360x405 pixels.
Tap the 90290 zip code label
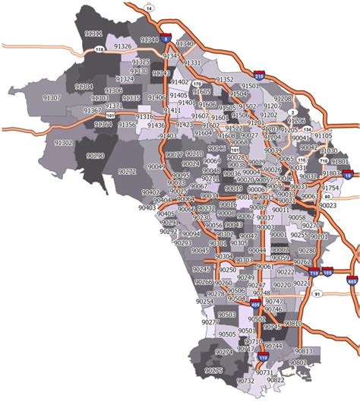coord(96,155)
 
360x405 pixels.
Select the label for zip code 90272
coord(128,172)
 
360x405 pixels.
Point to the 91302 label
coord(64,142)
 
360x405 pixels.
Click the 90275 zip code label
coord(214,370)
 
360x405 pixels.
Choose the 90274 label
coord(224,352)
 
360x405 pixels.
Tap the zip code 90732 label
coord(245,380)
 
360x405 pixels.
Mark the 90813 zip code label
coord(304,351)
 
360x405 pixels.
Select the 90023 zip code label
coord(328,205)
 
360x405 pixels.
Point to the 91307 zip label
coord(52,98)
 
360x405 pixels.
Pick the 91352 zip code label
coord(226,79)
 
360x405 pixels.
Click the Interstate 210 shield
coord(259,76)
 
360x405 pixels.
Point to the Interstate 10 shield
coord(348,176)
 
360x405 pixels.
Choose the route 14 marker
coord(150,8)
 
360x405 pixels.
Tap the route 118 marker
coord(99,49)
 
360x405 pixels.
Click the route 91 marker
coord(317,293)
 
